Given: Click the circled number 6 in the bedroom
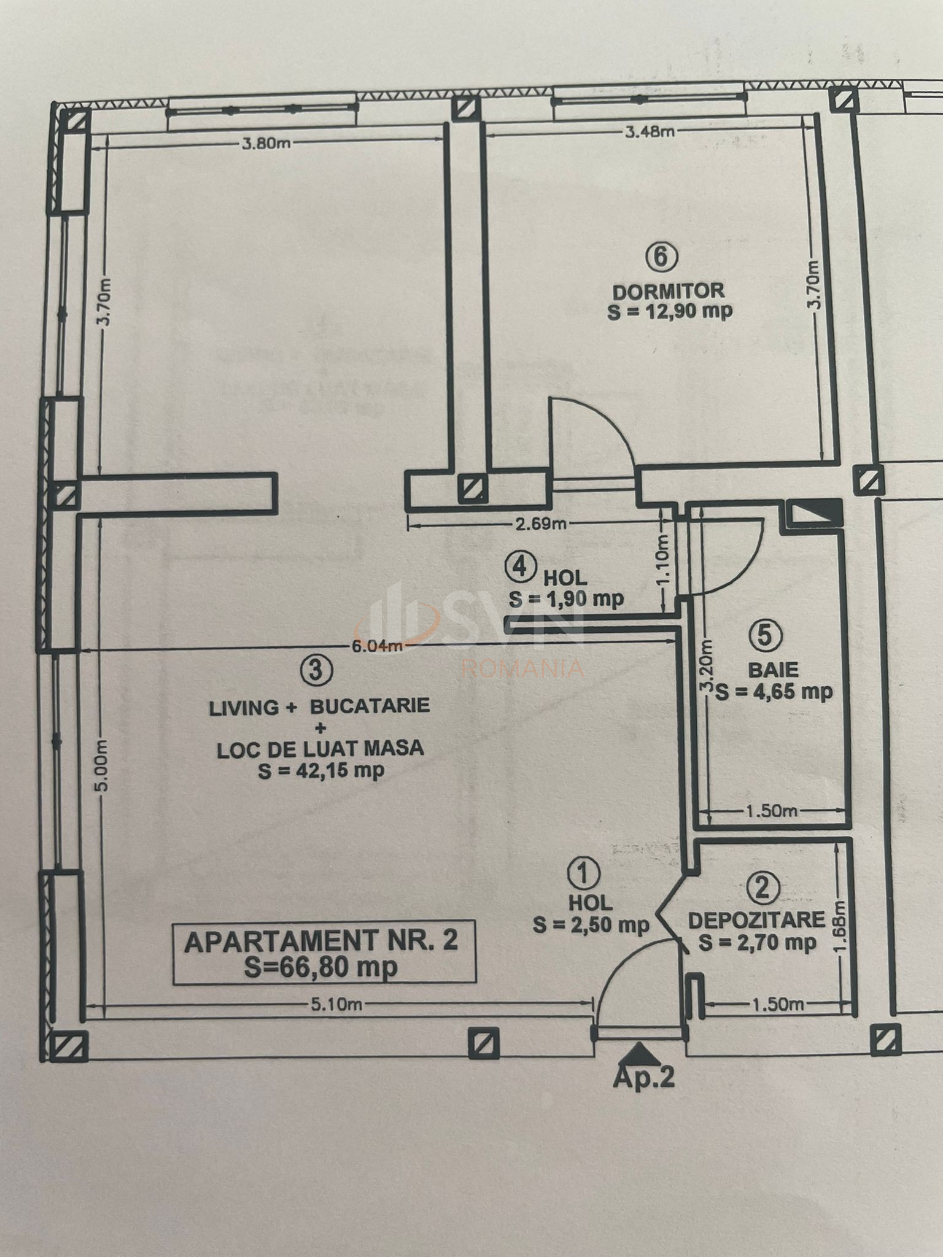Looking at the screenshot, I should click(x=662, y=257).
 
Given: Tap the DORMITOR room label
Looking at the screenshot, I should click(x=669, y=290).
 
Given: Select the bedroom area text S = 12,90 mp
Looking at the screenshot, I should click(x=670, y=311).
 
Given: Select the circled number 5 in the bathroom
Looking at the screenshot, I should click(x=765, y=635).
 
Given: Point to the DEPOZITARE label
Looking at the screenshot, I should click(x=756, y=920).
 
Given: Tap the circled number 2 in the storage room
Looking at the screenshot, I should click(x=765, y=888).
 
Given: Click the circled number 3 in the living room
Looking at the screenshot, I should click(x=316, y=670).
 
